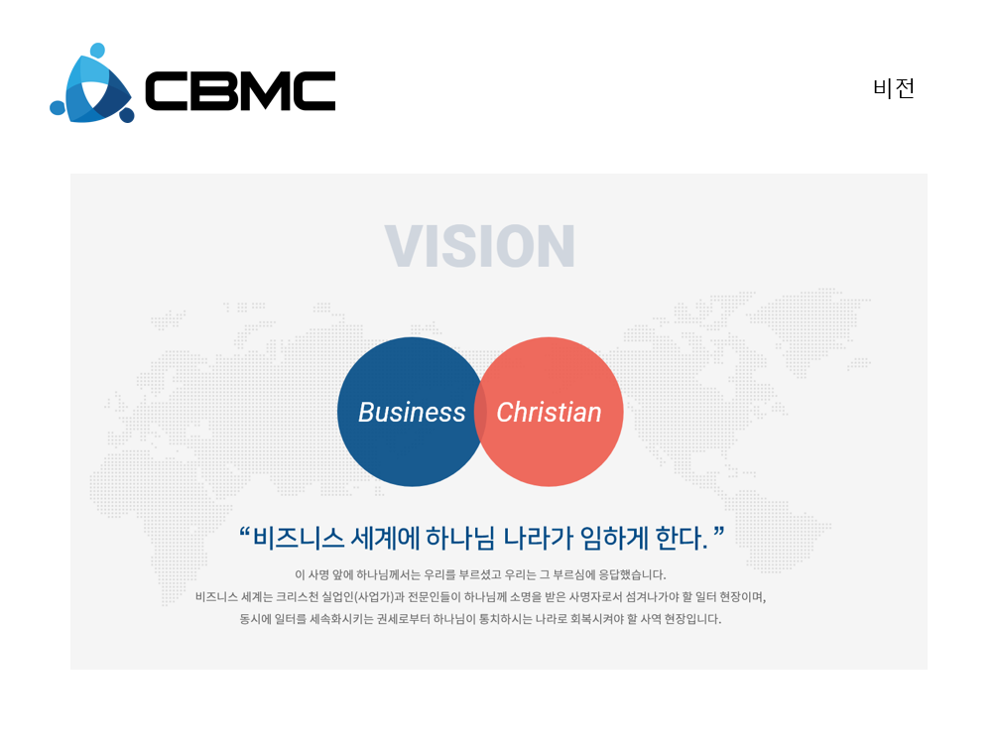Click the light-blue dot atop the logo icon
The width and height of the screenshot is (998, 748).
click(x=97, y=51)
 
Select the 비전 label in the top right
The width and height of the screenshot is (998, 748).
click(x=894, y=88)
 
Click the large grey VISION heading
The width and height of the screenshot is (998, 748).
click(x=480, y=246)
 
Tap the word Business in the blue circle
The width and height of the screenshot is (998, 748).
click(x=412, y=413)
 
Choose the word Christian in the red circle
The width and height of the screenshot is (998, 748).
click(x=549, y=413)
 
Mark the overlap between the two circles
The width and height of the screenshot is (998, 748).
click(x=480, y=412)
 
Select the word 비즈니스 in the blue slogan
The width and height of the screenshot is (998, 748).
click(x=299, y=539)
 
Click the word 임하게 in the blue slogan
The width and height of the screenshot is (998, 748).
click(x=615, y=539)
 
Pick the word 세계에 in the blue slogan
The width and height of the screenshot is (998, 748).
click(x=385, y=539)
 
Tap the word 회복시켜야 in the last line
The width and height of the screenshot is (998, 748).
click(x=596, y=619)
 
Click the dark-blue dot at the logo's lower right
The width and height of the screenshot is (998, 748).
click(x=127, y=115)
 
